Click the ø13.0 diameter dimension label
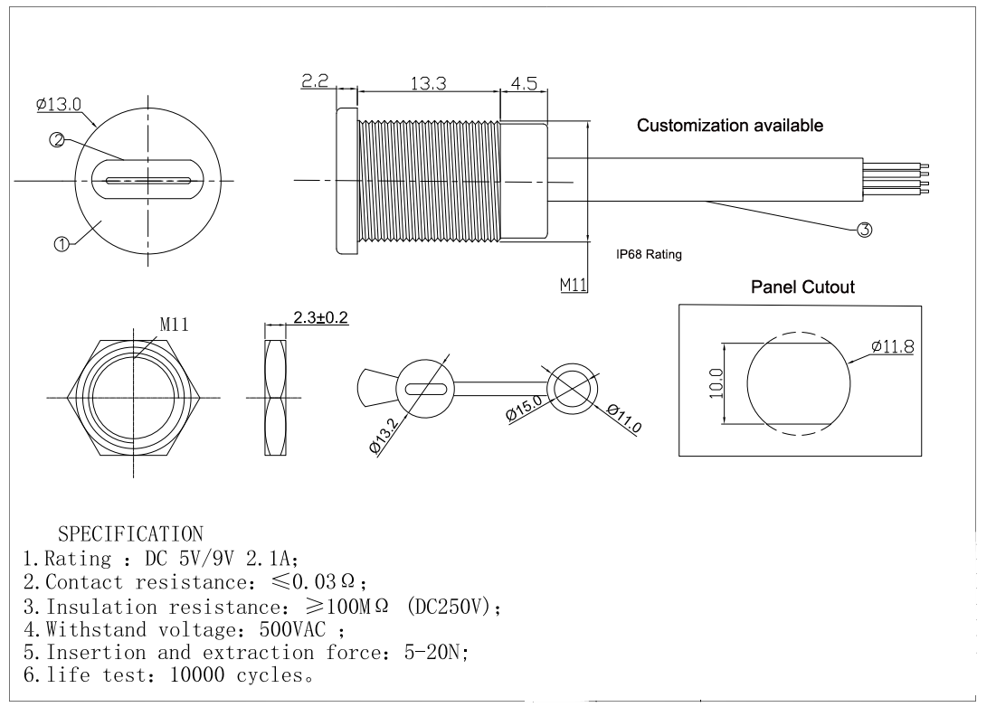(x=59, y=104)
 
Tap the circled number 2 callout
(x=56, y=140)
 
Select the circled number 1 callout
(x=62, y=244)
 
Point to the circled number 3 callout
(x=865, y=230)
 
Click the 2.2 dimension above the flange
(x=315, y=80)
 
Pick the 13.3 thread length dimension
(x=428, y=83)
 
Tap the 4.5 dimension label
(x=524, y=83)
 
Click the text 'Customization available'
(x=730, y=125)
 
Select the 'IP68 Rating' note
(x=649, y=254)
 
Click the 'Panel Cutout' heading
(x=802, y=287)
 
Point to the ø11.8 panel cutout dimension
(x=893, y=346)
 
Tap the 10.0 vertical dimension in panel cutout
(x=716, y=383)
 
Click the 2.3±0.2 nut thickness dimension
(x=320, y=317)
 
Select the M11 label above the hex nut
(x=174, y=325)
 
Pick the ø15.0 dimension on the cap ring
(x=524, y=408)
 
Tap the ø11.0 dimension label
(x=624, y=419)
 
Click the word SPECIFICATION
(x=131, y=533)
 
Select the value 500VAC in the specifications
(x=292, y=629)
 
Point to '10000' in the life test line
(x=197, y=674)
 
